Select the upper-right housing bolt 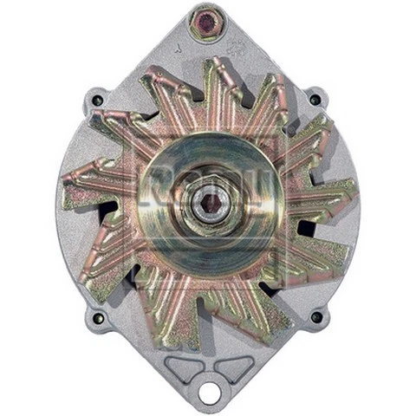[x=315, y=100]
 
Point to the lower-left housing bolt [x=98, y=317]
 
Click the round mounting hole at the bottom [x=209, y=392]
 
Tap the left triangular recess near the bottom [x=183, y=367]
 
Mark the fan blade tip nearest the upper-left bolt [x=121, y=121]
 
